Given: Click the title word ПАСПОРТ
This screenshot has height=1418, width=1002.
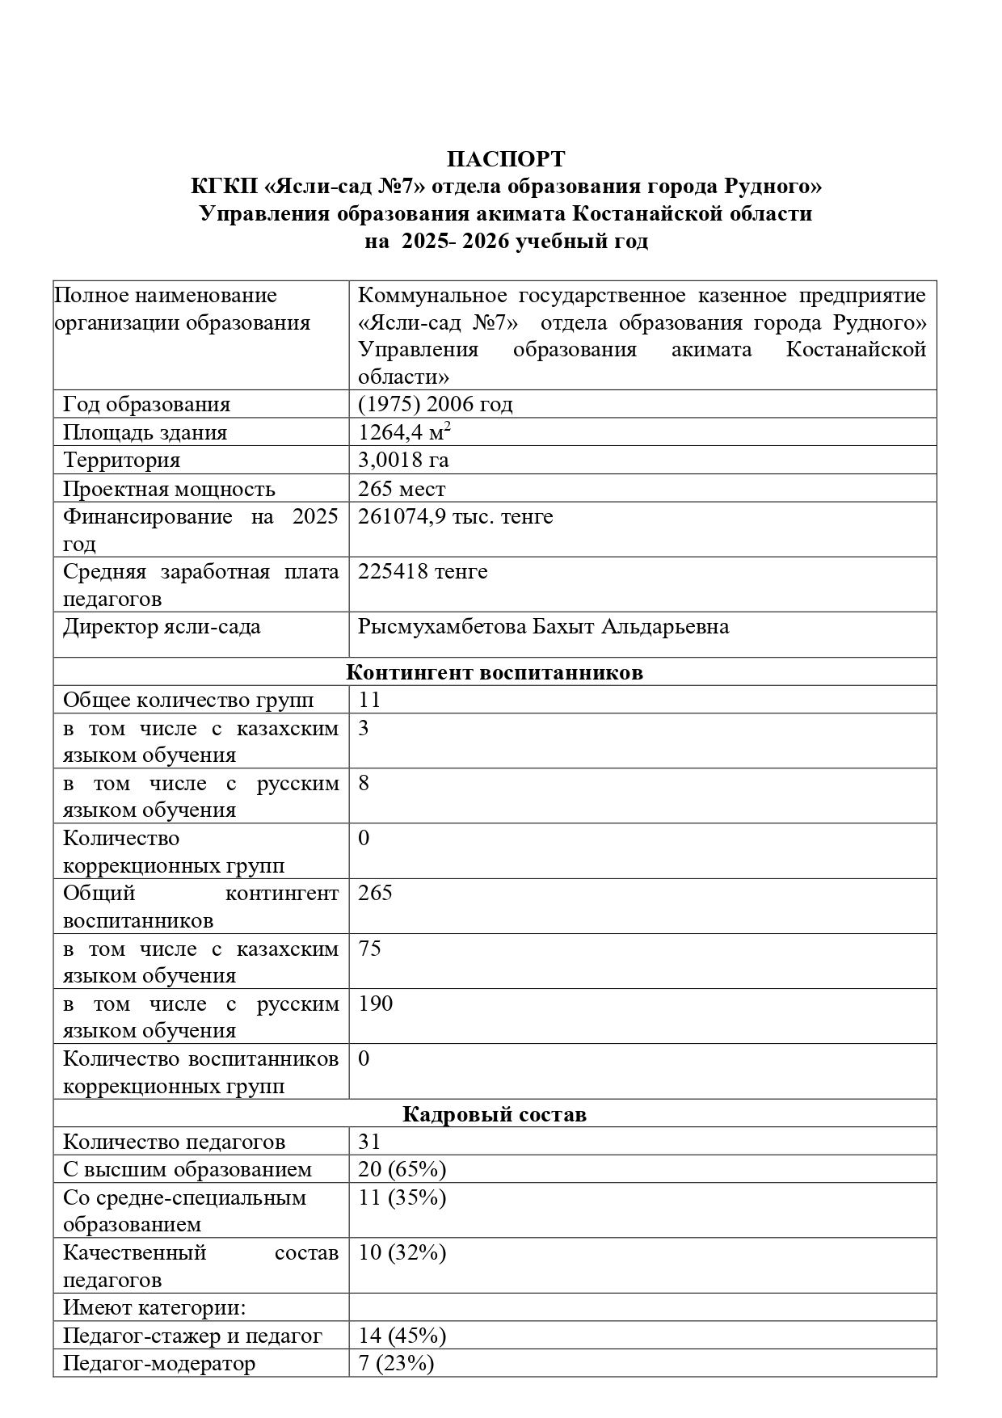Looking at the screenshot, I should [x=506, y=158].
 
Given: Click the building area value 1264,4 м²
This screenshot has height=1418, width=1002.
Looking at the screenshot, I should [x=404, y=432].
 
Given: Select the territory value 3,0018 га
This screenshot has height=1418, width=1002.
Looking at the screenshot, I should [x=403, y=460].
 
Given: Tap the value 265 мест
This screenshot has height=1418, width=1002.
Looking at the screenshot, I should [x=402, y=489].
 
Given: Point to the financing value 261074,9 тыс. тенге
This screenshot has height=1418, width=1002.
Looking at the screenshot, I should [x=456, y=516].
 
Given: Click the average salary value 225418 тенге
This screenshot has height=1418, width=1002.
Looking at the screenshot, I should [x=423, y=571].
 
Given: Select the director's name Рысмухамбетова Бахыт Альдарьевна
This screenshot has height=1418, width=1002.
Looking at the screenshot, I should [x=543, y=626].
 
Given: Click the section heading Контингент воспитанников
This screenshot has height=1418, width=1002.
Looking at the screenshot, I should [x=495, y=672].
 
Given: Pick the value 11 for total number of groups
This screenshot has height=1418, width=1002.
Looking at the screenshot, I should [x=369, y=700].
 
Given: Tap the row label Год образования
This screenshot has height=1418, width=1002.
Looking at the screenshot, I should [x=146, y=404].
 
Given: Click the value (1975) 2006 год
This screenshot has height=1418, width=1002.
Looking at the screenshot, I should [x=436, y=404].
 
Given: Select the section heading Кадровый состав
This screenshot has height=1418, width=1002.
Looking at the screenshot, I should [x=495, y=1114].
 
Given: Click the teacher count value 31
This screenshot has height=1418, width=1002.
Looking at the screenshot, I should [x=369, y=1142].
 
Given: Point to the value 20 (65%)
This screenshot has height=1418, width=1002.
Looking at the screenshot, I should [x=402, y=1169].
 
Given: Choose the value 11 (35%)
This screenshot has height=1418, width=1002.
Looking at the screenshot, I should [x=402, y=1197].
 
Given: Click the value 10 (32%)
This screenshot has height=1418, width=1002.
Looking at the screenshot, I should [x=402, y=1252].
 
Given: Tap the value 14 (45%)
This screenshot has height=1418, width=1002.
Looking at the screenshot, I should [x=402, y=1336].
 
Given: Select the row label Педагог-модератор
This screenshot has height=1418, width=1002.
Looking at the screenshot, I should [x=159, y=1363].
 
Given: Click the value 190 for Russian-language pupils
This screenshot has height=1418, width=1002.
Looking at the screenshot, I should [x=376, y=1004].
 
